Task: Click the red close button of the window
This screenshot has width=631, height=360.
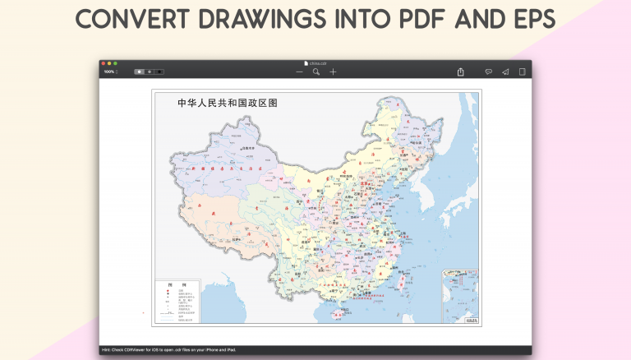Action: pyautogui.click(x=104, y=63)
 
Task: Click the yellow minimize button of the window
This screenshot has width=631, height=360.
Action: pyautogui.click(x=109, y=63)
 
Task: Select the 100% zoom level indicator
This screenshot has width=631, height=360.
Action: pyautogui.click(x=109, y=72)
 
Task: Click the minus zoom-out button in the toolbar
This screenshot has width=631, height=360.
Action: pyautogui.click(x=299, y=72)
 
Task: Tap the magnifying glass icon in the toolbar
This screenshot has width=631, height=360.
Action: pyautogui.click(x=316, y=72)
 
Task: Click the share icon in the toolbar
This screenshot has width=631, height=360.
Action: pyautogui.click(x=461, y=72)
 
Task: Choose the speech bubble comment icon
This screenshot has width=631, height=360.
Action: pyautogui.click(x=488, y=72)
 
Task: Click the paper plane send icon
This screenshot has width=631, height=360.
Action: pyautogui.click(x=505, y=72)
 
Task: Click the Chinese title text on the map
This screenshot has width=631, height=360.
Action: pyautogui.click(x=228, y=104)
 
